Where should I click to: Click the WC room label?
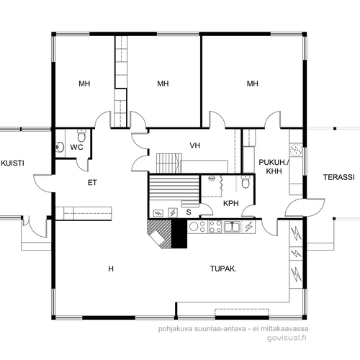tap(76, 147)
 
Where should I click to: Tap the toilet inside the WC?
tap(81, 135)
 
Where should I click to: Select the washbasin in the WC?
tap(59, 147)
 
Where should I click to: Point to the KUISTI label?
tap(12, 163)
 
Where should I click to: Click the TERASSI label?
tap(338, 177)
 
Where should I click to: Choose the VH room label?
tap(194, 145)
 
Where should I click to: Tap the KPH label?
tap(231, 203)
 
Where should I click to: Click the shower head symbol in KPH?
tap(212, 179)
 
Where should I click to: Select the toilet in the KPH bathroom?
tap(246, 181)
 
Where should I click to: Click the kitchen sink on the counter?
tap(232, 227)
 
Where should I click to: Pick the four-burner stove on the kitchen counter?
tap(215, 227)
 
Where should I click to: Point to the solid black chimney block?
tap(179, 233)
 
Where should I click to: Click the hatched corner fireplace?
tap(160, 233)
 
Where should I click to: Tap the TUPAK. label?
tap(223, 269)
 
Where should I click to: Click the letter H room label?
tap(111, 269)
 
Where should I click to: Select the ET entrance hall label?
tap(92, 183)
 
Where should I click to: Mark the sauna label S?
tap(189, 212)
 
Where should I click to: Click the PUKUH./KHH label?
tap(274, 167)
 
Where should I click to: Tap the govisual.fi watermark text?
tap(287, 338)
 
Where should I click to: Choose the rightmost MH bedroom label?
tap(253, 84)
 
